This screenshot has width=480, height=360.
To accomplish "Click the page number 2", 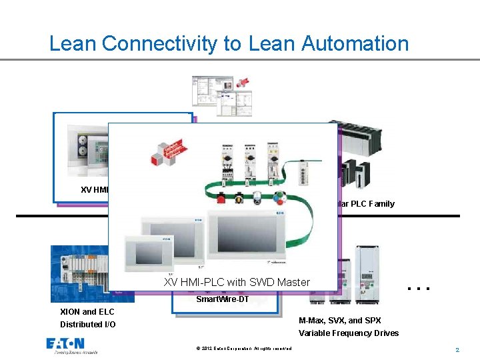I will (x=457, y=349).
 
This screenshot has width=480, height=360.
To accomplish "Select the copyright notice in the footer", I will (x=244, y=349).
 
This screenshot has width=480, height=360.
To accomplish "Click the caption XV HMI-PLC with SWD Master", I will (x=237, y=282).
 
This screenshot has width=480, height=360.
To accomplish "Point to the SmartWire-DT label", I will (x=222, y=299).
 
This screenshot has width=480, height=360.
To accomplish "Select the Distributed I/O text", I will (x=87, y=325).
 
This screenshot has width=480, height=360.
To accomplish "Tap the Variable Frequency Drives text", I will (x=349, y=333).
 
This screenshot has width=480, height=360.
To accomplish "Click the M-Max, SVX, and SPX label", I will (x=340, y=321).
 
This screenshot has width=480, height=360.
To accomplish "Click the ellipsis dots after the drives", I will (x=417, y=289).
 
